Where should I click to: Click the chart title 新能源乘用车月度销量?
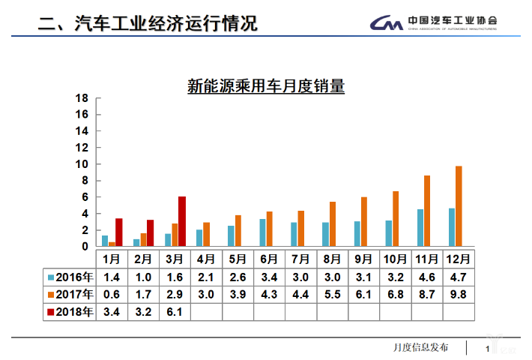coord(266,86)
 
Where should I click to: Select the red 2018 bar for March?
coord(182,222)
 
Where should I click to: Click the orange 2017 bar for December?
coord(459,206)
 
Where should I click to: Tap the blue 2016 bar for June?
coord(262,232)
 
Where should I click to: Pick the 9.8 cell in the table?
coord(459,293)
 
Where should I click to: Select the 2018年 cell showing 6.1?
coord(175,311)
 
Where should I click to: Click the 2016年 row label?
coord(69,276)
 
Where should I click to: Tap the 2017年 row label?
coord(69,293)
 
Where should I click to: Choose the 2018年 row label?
coord(69,311)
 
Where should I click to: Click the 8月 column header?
coord(332,259)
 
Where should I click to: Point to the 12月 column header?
coord(459,259)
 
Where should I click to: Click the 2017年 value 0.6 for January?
coord(112,293)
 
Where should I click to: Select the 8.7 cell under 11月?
coord(427,293)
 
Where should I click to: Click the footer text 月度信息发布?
coord(421,347)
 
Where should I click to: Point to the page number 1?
coord(488,349)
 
